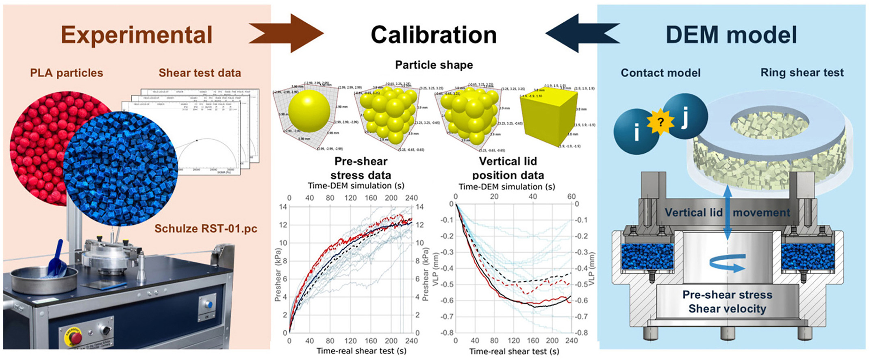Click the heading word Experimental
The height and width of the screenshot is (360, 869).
[137, 35]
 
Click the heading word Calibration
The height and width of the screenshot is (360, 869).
[434, 35]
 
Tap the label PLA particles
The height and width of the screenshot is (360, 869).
[67, 73]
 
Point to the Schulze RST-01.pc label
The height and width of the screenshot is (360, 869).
[206, 229]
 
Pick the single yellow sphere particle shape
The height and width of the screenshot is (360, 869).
[309, 111]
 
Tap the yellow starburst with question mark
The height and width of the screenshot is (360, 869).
[661, 122]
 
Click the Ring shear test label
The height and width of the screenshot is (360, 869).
[802, 73]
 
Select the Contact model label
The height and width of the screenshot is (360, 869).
[660, 73]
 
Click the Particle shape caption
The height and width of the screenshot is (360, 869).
[434, 65]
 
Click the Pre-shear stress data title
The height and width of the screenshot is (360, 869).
[361, 168]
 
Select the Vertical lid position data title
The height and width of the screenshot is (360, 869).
[508, 168]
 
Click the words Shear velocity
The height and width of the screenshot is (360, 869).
[727, 309]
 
